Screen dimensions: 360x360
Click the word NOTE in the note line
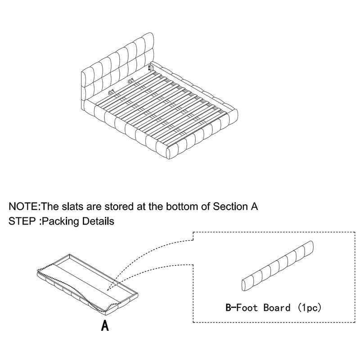24,207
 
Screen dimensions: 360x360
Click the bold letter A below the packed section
104,325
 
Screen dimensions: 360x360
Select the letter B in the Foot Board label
228,308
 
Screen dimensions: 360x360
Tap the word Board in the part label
278,308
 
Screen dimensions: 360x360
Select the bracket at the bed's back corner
151,68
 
